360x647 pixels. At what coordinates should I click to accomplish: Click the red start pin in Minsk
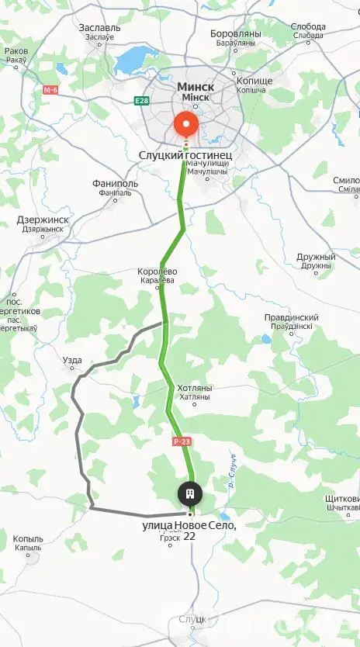185,123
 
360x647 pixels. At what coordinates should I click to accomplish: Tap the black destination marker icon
189,493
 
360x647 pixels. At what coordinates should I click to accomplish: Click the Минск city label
196,87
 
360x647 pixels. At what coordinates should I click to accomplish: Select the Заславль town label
100,27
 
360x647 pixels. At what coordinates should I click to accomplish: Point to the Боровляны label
237,35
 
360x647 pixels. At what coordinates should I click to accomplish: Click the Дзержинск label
43,220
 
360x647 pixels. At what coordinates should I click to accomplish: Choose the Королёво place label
157,272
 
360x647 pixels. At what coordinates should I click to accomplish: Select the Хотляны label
195,388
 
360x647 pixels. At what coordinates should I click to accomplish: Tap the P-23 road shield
182,441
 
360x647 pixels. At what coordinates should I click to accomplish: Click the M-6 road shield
50,90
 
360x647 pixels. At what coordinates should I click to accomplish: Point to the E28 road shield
140,100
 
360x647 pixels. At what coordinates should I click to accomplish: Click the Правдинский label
292,318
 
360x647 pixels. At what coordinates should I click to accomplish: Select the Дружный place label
315,258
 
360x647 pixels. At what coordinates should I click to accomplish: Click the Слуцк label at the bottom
192,619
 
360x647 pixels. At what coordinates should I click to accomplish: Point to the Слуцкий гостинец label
185,156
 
